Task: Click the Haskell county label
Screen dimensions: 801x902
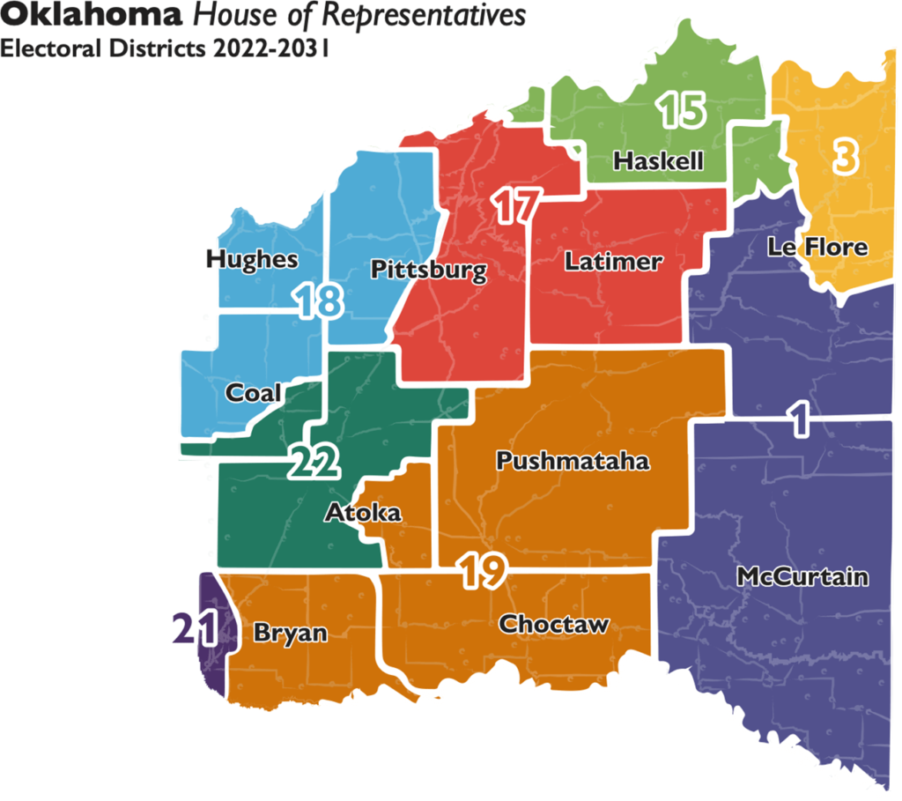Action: point(658,162)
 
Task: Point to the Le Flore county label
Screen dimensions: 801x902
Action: point(817,248)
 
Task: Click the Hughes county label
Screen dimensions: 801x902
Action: point(252,260)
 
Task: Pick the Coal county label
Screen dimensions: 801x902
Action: point(254,393)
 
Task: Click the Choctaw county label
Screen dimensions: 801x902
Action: point(554,625)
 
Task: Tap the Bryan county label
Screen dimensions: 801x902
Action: point(290,634)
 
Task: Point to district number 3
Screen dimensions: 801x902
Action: point(844,156)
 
